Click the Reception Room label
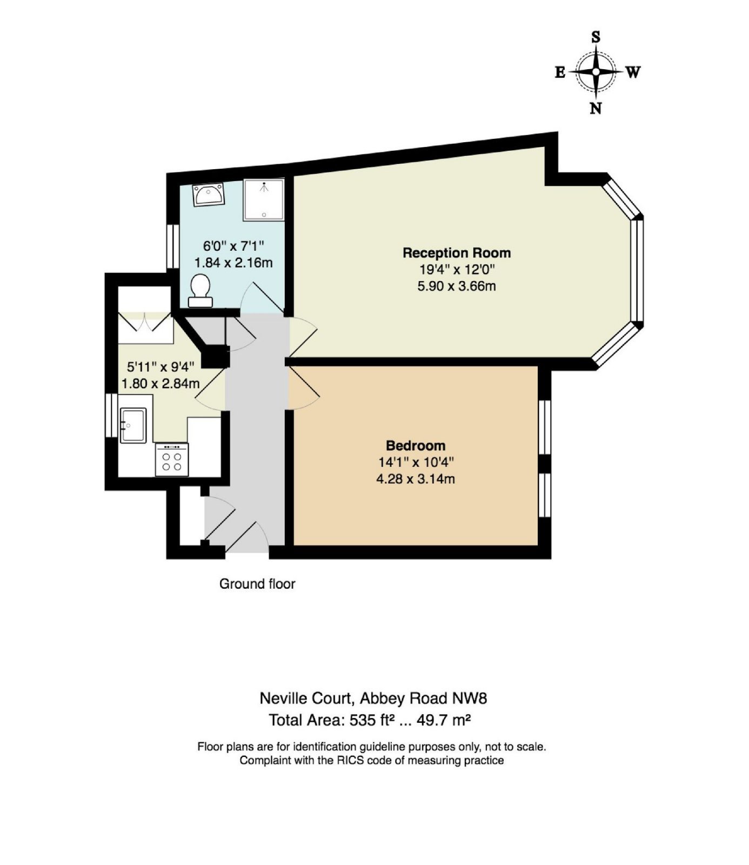click(x=457, y=252)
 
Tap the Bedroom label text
click(x=416, y=445)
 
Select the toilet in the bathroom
click(x=200, y=290)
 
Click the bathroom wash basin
click(x=209, y=195)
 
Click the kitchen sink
click(x=133, y=425)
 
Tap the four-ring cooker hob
click(x=172, y=460)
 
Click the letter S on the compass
click(x=596, y=37)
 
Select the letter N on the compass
click(x=596, y=108)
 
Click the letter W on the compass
click(x=633, y=72)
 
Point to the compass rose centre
click(x=596, y=71)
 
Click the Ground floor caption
click(x=257, y=584)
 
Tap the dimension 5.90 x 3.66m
click(x=457, y=286)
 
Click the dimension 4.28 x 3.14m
click(x=416, y=479)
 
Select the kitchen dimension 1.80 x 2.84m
click(x=160, y=384)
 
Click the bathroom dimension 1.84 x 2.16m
click(x=233, y=263)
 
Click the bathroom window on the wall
click(x=173, y=246)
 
